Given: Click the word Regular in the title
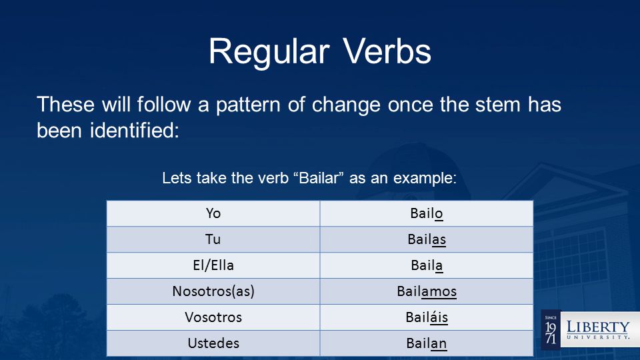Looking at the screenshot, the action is [269, 52].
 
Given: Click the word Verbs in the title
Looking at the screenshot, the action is [387, 51].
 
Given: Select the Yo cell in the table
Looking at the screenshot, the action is [213, 213].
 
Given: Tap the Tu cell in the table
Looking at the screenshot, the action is [213, 239].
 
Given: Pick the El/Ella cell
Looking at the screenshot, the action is [213, 265].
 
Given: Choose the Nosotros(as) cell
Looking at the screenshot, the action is [213, 291].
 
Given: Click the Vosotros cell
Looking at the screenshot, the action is [213, 317].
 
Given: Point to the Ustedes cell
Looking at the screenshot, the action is [213, 343].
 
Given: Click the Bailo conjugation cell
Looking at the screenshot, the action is [427, 213].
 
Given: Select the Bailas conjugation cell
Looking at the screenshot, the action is [427, 239].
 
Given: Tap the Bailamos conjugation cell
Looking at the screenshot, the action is [427, 291].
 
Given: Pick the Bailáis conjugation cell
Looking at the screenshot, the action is [427, 317].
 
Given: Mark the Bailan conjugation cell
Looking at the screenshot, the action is [427, 343].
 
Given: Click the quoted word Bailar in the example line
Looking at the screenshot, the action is [319, 178].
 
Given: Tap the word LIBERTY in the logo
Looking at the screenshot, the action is [598, 327].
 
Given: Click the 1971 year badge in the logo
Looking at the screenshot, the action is [551, 330].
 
